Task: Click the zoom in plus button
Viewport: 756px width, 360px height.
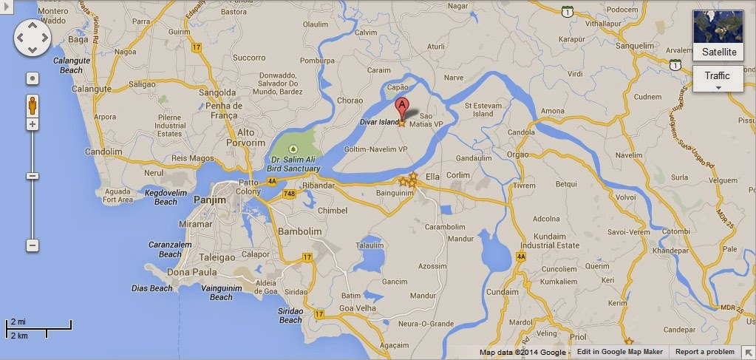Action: click(33, 124)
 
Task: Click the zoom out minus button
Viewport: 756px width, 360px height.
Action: click(33, 245)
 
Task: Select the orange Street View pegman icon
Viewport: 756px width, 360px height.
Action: click(33, 105)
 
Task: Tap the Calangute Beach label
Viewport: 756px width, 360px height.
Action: click(71, 65)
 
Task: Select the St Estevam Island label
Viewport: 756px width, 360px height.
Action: click(478, 110)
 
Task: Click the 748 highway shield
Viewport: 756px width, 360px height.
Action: click(288, 194)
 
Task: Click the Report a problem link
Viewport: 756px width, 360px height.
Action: click(704, 353)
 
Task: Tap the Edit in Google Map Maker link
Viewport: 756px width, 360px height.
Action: click(619, 353)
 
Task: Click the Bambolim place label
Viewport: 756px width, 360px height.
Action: click(299, 231)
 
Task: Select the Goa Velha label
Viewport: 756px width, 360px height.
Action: click(355, 308)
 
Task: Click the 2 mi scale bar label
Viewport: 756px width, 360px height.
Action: click(16, 322)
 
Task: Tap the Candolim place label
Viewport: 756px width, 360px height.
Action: click(103, 152)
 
